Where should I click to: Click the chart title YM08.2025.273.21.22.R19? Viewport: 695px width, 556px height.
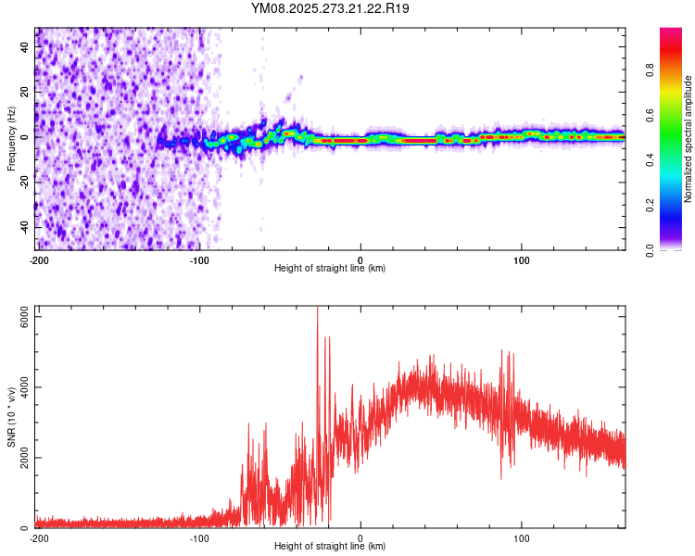331,8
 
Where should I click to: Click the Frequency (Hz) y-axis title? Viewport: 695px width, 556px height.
11,139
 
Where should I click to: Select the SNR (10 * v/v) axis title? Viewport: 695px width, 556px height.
11,416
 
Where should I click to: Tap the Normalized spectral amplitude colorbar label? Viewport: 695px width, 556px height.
688,140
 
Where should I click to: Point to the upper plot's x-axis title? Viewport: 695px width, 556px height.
330,268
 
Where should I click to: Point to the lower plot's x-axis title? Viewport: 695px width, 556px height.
330,546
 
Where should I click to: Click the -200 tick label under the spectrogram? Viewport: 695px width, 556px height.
39,259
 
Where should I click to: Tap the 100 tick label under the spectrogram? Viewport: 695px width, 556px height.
522,259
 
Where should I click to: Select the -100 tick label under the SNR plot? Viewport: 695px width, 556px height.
199,537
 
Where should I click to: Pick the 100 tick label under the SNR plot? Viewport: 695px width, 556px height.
522,537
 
